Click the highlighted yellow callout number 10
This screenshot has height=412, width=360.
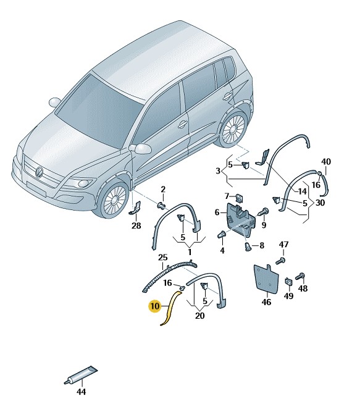pyautogui.click(x=154, y=306)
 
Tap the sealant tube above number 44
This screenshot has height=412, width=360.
pyautogui.click(x=81, y=375)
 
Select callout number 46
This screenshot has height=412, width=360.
pyautogui.click(x=266, y=302)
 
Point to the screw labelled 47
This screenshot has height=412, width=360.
pyautogui.click(x=281, y=261)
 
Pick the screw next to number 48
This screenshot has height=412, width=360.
pyautogui.click(x=300, y=276)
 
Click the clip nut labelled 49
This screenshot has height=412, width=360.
pyautogui.click(x=289, y=282)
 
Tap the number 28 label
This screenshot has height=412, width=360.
pyautogui.click(x=136, y=225)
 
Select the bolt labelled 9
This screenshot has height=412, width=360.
pyautogui.click(x=263, y=211)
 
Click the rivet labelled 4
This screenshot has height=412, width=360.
pyautogui.click(x=222, y=234)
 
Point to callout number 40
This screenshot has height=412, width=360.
pyautogui.click(x=326, y=162)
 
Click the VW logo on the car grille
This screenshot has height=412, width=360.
pyautogui.click(x=39, y=172)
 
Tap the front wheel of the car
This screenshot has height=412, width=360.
pyautogui.click(x=114, y=199)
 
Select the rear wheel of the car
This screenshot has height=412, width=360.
pyautogui.click(x=233, y=129)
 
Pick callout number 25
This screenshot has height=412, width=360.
pyautogui.click(x=162, y=258)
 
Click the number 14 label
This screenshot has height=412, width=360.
pyautogui.click(x=302, y=191)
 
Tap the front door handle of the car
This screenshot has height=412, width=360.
pyautogui.click(x=183, y=124)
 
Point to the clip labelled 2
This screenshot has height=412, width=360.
pyautogui.click(x=162, y=205)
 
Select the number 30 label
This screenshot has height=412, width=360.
pyautogui.click(x=320, y=203)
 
